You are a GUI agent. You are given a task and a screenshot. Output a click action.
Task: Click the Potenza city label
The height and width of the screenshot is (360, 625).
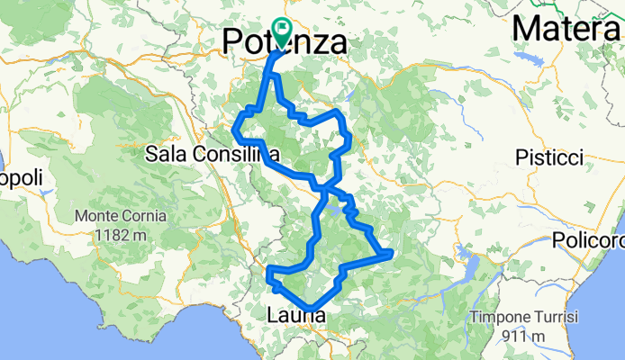pos(284,41)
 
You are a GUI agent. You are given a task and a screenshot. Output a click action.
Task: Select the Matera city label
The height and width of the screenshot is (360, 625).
pos(567,29)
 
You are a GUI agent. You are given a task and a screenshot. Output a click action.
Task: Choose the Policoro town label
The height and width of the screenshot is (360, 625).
pos(591,243)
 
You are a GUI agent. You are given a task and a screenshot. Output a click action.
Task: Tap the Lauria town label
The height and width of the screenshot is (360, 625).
pos(297,315)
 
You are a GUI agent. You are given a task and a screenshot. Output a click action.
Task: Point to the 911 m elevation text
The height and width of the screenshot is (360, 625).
pos(524,336)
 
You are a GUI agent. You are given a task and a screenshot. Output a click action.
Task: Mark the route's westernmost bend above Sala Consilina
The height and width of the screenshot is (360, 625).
pos(235,130)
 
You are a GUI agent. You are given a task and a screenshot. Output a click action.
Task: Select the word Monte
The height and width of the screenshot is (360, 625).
pos(97,217)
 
